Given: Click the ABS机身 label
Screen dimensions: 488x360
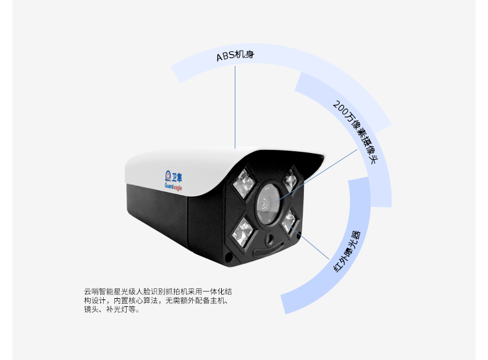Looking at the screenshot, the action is click(x=235, y=56).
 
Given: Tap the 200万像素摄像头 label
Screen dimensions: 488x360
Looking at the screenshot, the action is click(x=355, y=132).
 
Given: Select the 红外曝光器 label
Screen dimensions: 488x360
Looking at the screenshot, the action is click(x=347, y=251).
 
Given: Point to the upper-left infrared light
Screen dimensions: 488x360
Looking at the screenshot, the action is click(x=245, y=183).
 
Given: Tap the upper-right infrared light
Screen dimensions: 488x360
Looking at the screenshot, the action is click(x=291, y=180).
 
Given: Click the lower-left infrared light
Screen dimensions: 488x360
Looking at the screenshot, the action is click(x=243, y=232).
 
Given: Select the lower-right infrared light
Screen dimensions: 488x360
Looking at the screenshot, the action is click(x=289, y=221).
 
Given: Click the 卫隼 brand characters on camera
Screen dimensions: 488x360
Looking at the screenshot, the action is click(x=177, y=177).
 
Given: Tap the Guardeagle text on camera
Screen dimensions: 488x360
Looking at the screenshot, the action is click(x=173, y=186).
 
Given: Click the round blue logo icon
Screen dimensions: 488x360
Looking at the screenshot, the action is click(x=168, y=175).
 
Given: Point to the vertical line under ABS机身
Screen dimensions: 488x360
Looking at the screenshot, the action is click(x=235, y=107).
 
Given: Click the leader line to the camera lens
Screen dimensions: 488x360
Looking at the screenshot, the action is click(x=316, y=175).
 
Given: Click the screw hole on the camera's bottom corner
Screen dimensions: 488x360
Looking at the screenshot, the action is click(x=229, y=257).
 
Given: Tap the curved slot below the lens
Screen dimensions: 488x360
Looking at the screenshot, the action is click(x=269, y=249).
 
